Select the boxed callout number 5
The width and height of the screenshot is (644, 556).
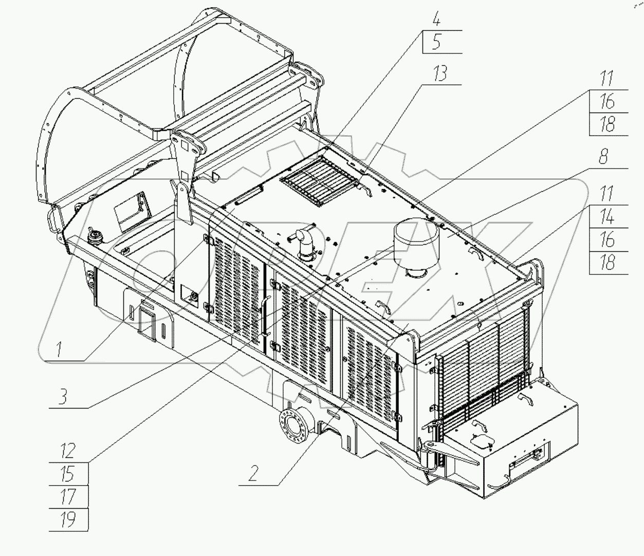tap(436, 42)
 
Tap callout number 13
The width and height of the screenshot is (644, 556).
tap(440, 73)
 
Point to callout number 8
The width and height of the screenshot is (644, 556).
tap(603, 156)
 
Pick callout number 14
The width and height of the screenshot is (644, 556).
tap(606, 216)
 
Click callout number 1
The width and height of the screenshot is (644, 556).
tap(59, 349)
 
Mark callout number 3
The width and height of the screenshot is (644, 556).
tap(63, 397)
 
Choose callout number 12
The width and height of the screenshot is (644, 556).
tap(68, 451)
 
